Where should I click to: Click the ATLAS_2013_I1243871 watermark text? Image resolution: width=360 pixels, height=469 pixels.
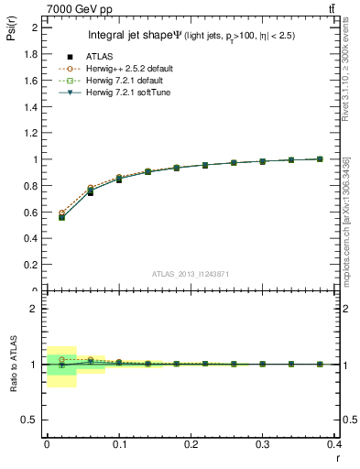(x=189, y=274)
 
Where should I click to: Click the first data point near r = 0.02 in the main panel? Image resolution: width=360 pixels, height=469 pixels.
(x=61, y=217)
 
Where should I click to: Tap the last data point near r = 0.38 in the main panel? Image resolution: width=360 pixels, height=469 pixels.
(x=320, y=159)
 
